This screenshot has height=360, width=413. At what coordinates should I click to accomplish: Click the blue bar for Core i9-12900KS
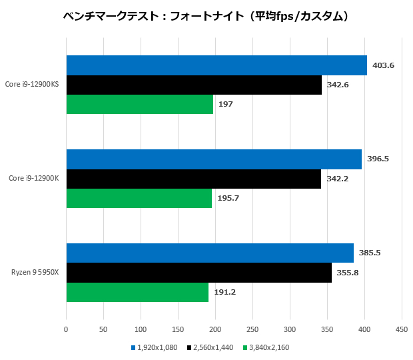click(216, 65)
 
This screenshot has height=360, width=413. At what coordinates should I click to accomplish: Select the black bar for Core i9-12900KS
click(194, 85)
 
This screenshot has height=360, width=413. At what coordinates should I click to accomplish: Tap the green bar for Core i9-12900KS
click(140, 104)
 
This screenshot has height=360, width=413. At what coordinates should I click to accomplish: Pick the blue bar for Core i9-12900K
click(214, 159)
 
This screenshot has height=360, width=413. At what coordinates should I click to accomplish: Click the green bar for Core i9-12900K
click(139, 198)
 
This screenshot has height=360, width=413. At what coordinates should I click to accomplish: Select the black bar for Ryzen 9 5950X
click(199, 273)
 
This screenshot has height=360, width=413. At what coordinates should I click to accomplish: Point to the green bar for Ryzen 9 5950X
click(137, 292)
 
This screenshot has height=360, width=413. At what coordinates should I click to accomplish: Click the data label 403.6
click(383, 65)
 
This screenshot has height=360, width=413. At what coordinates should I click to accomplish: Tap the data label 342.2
click(338, 179)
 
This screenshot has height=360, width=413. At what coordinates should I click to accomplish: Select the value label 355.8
click(347, 273)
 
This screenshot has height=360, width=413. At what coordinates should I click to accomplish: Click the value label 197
click(225, 104)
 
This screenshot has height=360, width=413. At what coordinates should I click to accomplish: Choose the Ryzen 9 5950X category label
click(35, 273)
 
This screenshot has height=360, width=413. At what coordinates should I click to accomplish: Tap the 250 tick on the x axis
click(252, 329)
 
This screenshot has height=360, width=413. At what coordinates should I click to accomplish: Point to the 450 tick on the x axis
click(402, 329)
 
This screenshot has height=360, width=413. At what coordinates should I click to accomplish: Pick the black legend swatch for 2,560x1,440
click(190, 347)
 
